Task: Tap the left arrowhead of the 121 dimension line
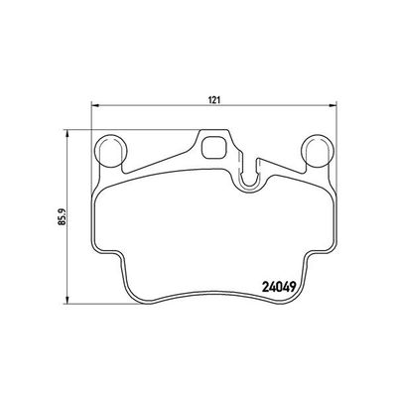94,106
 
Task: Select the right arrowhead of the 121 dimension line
333,106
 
